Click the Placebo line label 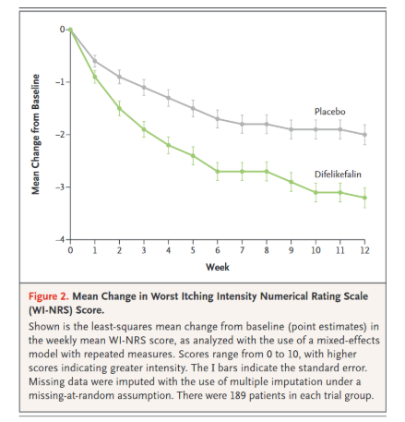329,112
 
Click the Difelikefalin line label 338,175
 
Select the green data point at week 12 364,198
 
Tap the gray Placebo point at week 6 218,119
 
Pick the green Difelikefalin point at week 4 168,145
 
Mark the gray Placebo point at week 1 95,61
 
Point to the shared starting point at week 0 70,30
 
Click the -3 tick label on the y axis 60,187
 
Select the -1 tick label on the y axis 60,82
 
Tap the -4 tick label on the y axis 60,239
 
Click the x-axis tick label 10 316,250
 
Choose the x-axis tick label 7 242,250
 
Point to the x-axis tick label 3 144,250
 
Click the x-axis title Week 218,267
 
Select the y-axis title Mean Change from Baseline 36,134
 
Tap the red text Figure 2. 49,296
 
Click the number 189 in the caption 238,395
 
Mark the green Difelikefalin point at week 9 291,182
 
